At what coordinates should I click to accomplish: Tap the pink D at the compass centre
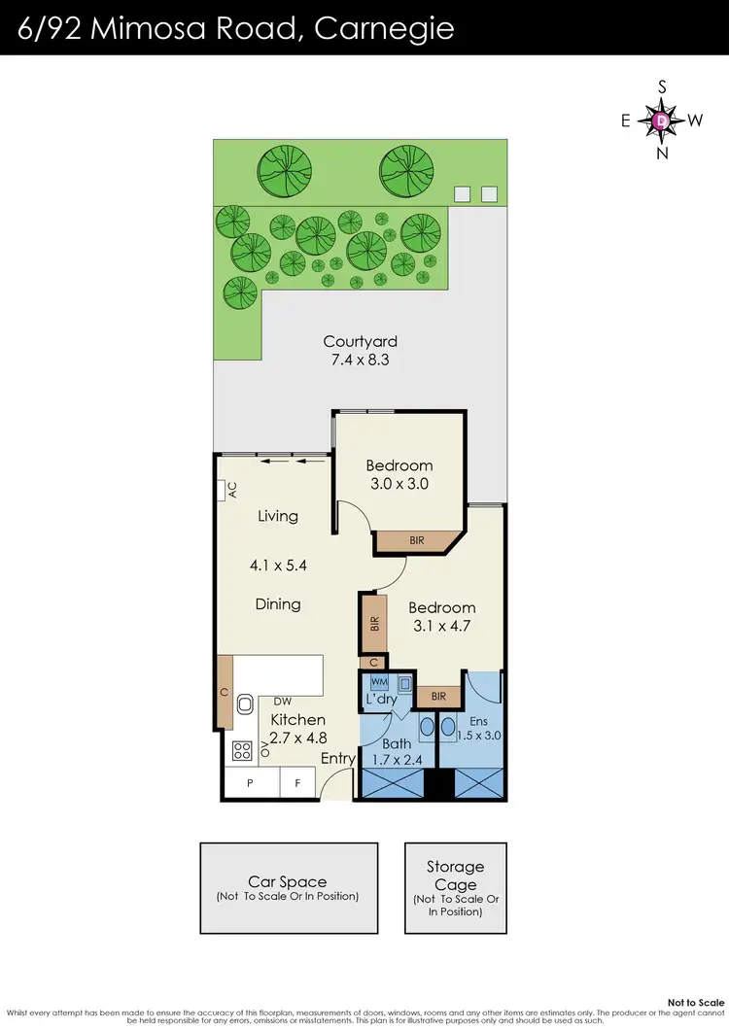pos(662,120)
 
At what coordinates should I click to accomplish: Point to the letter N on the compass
pos(663,153)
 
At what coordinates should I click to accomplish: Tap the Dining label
pos(278,604)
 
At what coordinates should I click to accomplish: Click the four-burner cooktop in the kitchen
pos(240,749)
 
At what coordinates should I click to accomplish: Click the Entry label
pos(337,758)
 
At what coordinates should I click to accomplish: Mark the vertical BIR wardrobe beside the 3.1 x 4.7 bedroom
pos(374,624)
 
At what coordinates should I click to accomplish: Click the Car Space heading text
pos(288,882)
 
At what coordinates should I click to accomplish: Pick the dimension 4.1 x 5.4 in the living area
pos(277,563)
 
